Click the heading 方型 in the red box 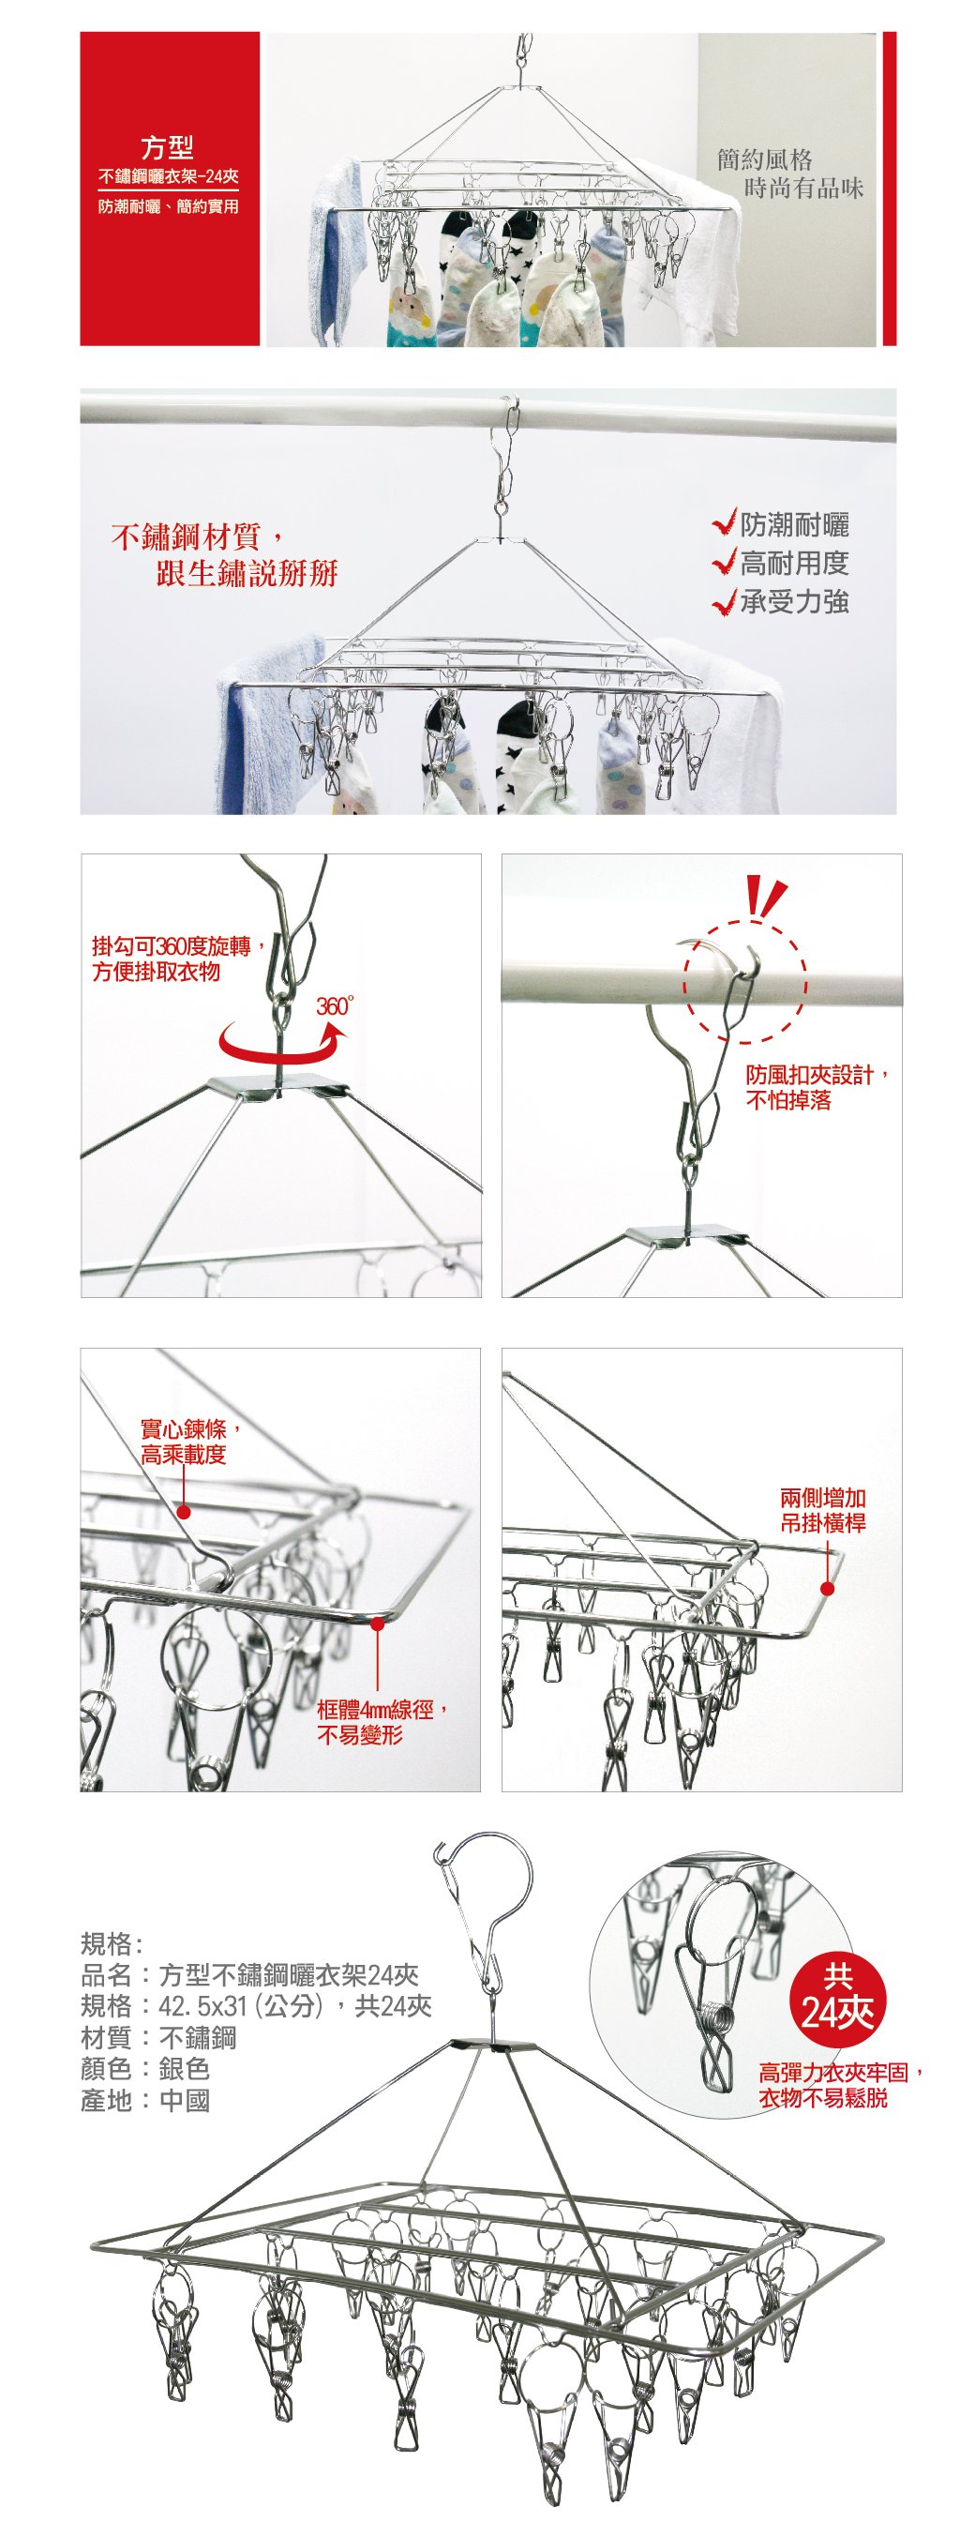168,148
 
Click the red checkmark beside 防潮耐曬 725,523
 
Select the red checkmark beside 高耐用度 725,563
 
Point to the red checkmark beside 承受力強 725,601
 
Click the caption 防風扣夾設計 817,1075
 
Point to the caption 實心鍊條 190,1429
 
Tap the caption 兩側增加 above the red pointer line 823,1499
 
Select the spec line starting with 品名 250,1974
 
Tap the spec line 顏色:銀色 145,2069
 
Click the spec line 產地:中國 145,2101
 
